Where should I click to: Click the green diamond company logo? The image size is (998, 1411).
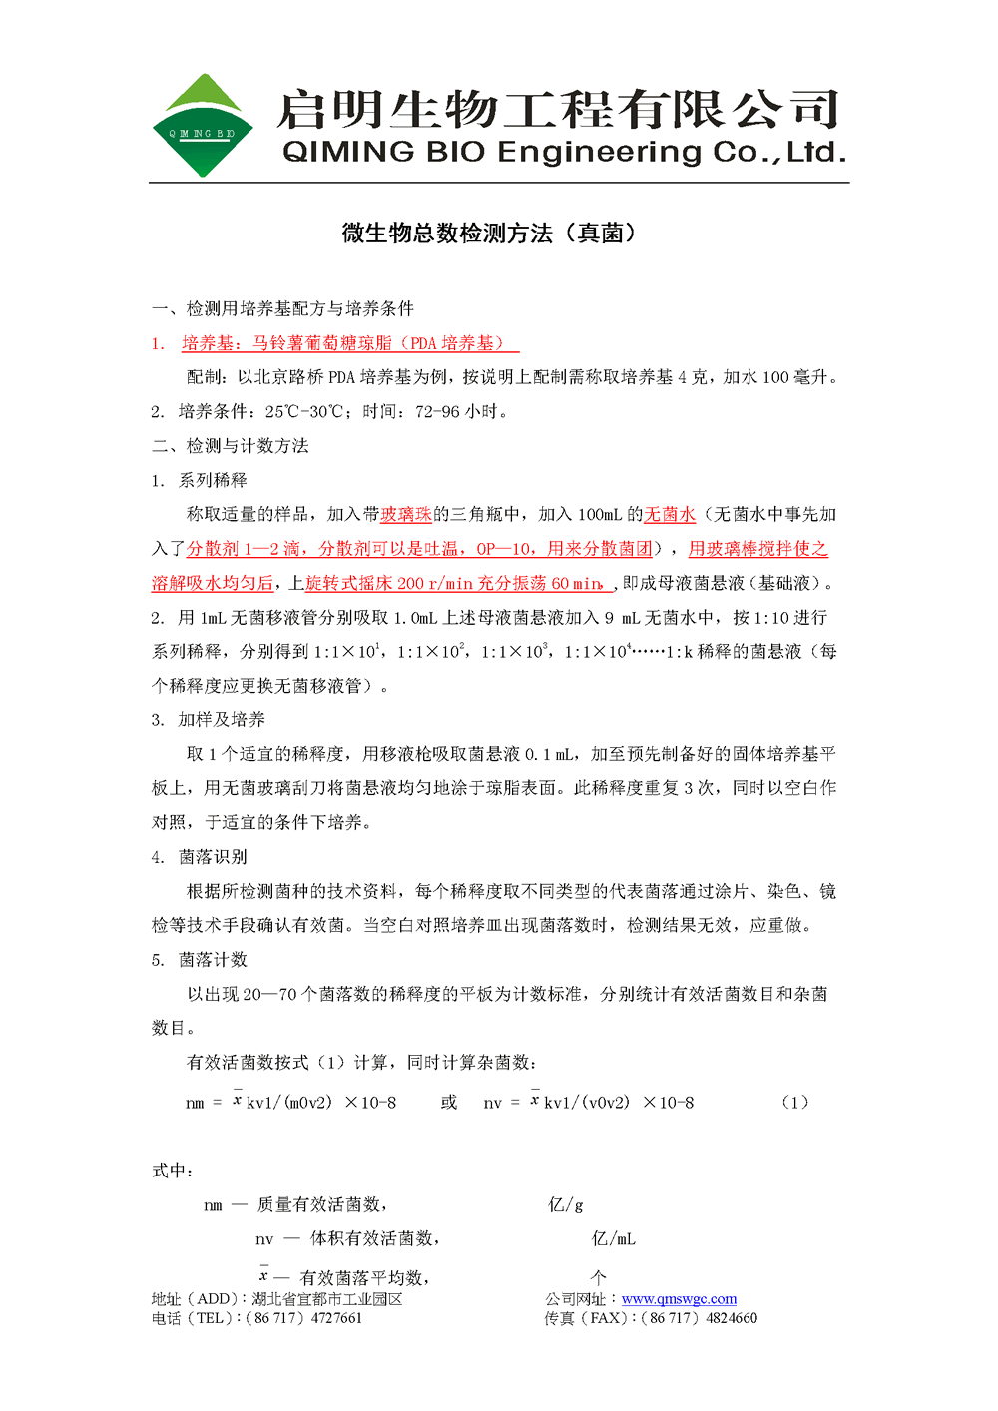pos(202,126)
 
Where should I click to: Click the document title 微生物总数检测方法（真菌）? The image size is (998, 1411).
pos(489,234)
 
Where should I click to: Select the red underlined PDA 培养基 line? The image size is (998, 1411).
pos(349,343)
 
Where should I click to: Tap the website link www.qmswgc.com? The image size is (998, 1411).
pos(679,1299)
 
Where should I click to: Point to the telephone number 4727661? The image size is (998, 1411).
pos(337,1318)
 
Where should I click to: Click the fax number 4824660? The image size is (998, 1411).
pos(732,1318)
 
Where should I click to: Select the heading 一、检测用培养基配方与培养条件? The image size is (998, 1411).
pos(282,309)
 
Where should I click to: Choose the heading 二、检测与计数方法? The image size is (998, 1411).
pos(231,446)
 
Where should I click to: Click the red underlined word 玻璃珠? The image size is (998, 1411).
pos(406,515)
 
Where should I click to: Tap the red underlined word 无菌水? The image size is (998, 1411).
pos(670,515)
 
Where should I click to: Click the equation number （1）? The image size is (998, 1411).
pos(794,1103)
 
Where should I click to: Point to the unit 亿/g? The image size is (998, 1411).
pos(566,1205)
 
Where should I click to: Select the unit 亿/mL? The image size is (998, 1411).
pos(613,1239)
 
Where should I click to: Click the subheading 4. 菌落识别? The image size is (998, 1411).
pos(199,857)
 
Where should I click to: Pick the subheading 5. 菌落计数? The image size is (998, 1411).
pos(199,960)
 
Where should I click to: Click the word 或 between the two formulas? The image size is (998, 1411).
pos(449,1103)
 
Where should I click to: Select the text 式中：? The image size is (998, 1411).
pos(173,1171)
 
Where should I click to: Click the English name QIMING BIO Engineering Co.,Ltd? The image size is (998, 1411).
pos(565,153)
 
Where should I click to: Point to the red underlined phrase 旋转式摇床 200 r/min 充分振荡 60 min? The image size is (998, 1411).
pos(455,584)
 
